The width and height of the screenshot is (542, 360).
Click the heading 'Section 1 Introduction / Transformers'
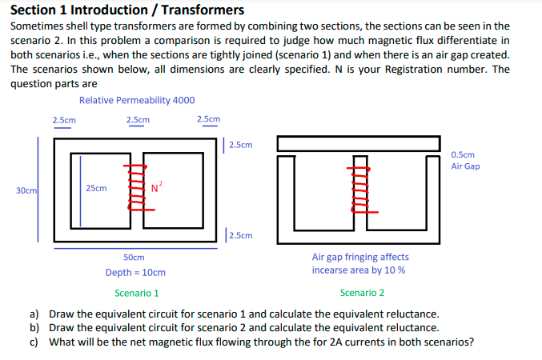pos(127,10)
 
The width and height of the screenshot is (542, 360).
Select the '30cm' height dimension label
pos(25,190)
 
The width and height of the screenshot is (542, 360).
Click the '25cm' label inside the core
pos(96,188)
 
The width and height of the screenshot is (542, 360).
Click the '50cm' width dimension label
pos(134,258)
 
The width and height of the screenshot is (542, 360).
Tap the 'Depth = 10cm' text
pos(135,273)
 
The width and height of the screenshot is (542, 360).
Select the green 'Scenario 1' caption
pos(137,293)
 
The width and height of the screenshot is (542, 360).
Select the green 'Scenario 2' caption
pos(362,293)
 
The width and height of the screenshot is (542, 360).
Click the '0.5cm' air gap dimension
pos(463,154)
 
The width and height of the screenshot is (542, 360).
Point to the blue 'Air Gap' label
pos(465,166)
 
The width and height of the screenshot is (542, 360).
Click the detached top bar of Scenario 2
pos(359,143)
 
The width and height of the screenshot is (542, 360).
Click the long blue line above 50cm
pos(134,248)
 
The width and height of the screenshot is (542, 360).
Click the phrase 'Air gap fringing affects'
pos(360,258)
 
